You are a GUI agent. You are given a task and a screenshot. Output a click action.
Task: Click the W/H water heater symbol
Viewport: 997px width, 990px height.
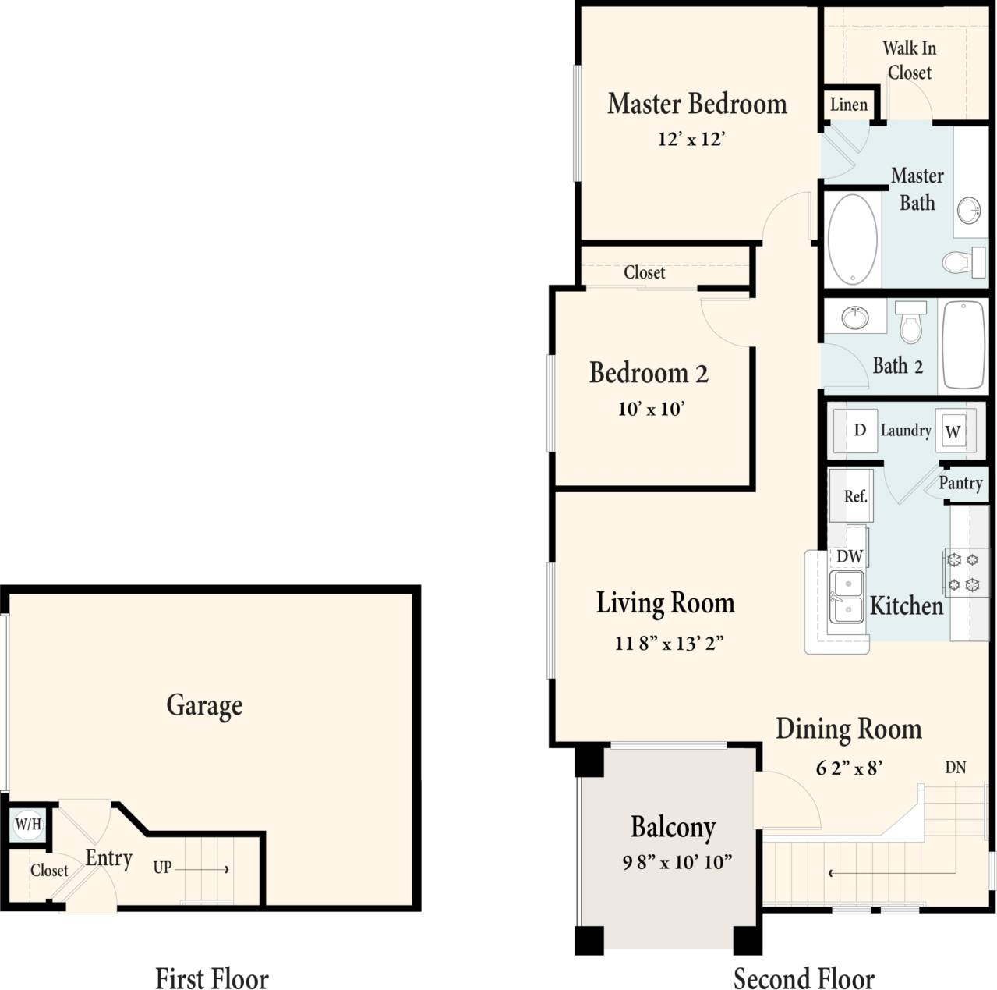pyautogui.click(x=28, y=824)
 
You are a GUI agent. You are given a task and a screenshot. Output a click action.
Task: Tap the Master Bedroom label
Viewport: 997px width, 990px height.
pyautogui.click(x=697, y=104)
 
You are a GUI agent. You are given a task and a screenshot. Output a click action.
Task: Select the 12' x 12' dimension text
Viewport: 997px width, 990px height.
pyautogui.click(x=691, y=140)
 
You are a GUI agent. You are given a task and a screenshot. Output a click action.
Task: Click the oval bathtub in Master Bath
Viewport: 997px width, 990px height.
pyautogui.click(x=852, y=239)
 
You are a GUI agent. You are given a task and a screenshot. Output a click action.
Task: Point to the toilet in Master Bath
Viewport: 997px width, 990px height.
pyautogui.click(x=965, y=261)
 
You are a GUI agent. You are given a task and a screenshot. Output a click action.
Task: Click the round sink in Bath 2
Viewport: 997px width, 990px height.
pyautogui.click(x=855, y=318)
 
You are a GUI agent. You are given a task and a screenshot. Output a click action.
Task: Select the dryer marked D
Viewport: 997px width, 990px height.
pyautogui.click(x=860, y=430)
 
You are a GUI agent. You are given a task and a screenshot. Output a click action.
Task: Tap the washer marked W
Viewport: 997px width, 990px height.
pyautogui.click(x=953, y=431)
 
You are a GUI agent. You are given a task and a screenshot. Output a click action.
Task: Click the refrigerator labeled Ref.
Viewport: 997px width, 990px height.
pyautogui.click(x=854, y=496)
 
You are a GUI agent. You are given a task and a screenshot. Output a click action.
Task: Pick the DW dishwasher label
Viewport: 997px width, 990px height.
pyautogui.click(x=849, y=556)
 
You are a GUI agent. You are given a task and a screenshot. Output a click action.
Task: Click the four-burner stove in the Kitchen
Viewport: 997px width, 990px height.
pyautogui.click(x=963, y=572)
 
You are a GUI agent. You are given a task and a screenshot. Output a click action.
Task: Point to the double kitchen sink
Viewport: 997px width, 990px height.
pyautogui.click(x=846, y=597)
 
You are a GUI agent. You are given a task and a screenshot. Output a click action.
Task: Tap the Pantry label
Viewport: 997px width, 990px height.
pyautogui.click(x=960, y=483)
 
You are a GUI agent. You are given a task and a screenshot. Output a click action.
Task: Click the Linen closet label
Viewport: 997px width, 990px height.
pyautogui.click(x=848, y=105)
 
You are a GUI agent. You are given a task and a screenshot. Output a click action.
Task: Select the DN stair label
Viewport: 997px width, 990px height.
pyautogui.click(x=955, y=768)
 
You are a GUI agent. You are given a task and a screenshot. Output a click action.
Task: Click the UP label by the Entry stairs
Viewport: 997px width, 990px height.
pyautogui.click(x=162, y=868)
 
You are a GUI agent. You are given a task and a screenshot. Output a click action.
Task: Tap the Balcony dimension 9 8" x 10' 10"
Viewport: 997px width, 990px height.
pyautogui.click(x=677, y=862)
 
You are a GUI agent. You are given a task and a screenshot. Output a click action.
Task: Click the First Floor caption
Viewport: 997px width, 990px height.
pyautogui.click(x=211, y=978)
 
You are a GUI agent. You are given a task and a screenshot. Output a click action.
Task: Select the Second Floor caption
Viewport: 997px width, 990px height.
pyautogui.click(x=804, y=978)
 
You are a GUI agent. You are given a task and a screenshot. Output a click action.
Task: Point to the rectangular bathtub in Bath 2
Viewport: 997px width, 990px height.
pyautogui.click(x=963, y=345)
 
